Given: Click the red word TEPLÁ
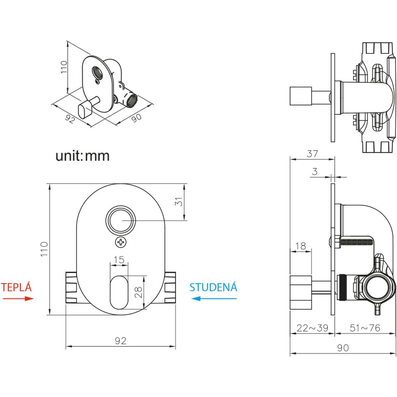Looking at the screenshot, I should (x=17, y=287).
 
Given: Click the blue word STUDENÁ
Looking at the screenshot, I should (x=213, y=287).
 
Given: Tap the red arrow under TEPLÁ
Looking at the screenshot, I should (x=19, y=298).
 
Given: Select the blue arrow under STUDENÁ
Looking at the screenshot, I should (x=214, y=298).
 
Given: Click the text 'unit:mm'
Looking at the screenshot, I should (x=82, y=156).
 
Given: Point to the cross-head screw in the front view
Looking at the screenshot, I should (x=121, y=242).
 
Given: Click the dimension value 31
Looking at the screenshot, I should (x=179, y=202).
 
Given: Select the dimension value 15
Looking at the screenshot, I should (x=119, y=260).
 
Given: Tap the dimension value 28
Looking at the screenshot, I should (x=139, y=292).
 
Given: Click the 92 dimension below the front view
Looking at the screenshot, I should (x=120, y=340).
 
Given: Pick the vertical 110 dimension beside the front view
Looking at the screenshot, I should (x=44, y=249).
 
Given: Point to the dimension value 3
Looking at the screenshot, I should (x=315, y=171).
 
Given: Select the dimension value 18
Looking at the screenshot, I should (x=300, y=246).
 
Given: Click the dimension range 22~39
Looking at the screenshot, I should (x=312, y=328).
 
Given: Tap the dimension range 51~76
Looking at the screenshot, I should (x=365, y=328).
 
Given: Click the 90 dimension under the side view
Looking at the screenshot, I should (x=343, y=348).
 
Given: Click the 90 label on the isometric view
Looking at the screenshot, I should (x=136, y=117).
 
